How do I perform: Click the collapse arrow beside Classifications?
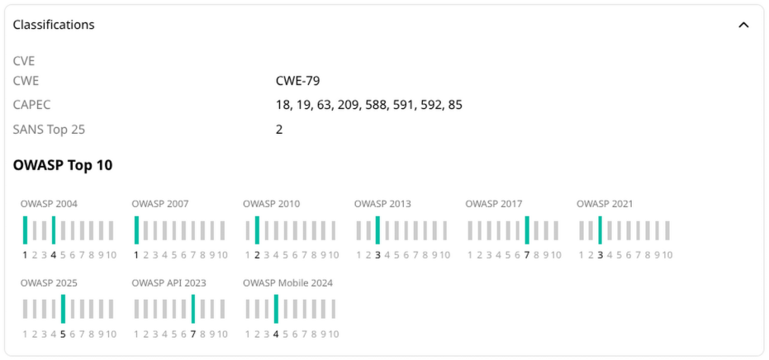click(x=743, y=25)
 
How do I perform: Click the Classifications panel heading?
click(x=54, y=25)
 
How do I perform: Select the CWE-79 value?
click(x=297, y=81)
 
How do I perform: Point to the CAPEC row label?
click(x=32, y=105)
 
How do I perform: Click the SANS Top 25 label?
click(x=49, y=129)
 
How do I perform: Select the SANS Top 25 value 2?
click(x=279, y=129)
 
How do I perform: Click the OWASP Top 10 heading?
click(x=63, y=165)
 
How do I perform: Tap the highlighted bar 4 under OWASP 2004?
click(x=54, y=230)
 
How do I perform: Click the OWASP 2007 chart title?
click(x=160, y=204)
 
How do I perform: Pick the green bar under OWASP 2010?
click(x=257, y=230)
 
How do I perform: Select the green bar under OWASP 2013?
click(x=377, y=230)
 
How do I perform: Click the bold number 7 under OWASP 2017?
click(x=527, y=255)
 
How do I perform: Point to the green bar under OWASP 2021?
click(x=600, y=230)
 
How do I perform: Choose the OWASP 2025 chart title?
click(x=49, y=283)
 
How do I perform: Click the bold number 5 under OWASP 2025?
click(x=63, y=334)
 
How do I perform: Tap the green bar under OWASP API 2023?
click(x=192, y=309)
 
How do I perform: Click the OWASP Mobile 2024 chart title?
click(x=287, y=283)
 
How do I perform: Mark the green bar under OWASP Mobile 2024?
click(x=276, y=309)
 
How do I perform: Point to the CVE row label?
click(x=23, y=61)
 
